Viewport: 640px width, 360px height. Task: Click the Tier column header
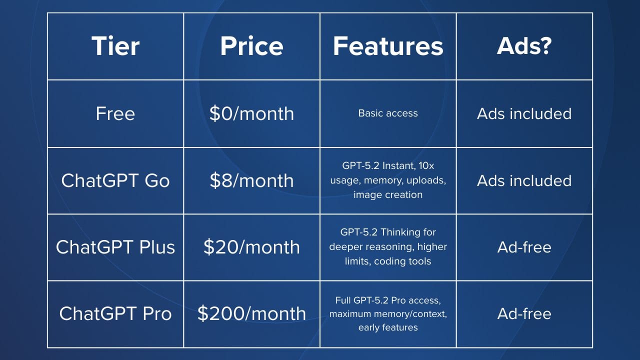115,46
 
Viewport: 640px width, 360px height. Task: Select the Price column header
251,46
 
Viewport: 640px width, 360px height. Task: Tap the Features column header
388,46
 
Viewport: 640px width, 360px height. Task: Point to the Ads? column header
524,46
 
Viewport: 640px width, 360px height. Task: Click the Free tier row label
115,113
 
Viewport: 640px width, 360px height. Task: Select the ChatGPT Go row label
115,181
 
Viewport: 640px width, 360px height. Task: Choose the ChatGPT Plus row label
115,247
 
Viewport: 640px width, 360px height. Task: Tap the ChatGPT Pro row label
115,313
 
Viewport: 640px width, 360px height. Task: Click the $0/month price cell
251,113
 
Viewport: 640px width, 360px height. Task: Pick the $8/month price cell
251,181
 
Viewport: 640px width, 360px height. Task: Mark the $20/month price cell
251,247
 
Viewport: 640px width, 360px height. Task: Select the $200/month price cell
251,313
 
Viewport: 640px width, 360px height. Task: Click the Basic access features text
388,113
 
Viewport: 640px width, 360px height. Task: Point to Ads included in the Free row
524,113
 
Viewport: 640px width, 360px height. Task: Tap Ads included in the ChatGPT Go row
524,181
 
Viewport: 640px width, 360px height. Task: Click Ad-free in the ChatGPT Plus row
524,247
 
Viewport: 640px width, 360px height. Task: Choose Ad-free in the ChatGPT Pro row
524,314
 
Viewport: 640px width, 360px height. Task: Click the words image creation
388,195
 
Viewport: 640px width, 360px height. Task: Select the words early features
388,327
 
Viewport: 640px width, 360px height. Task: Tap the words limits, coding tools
388,261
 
